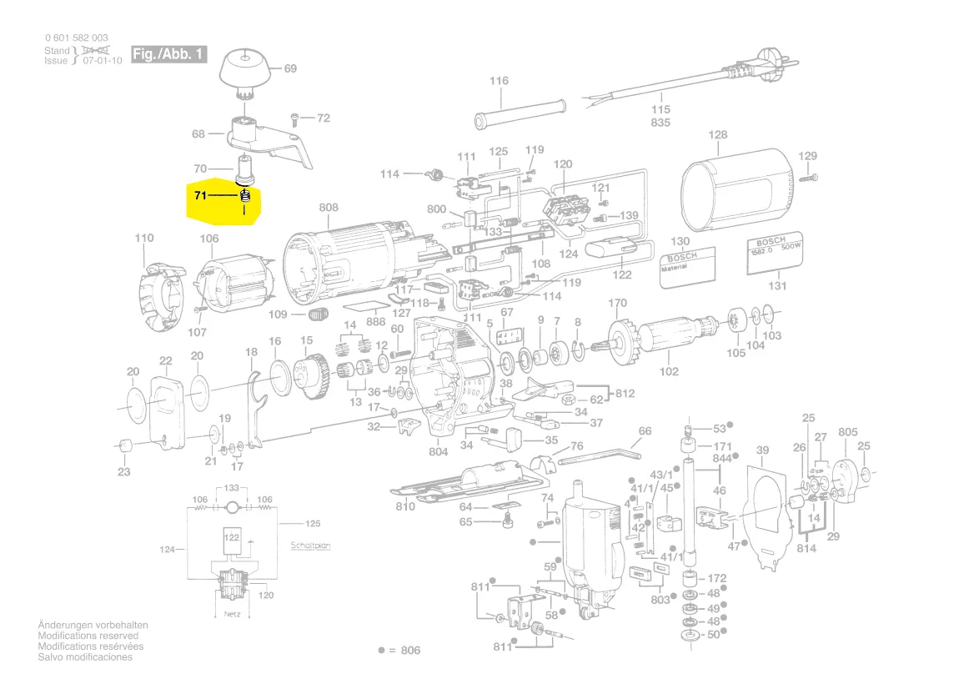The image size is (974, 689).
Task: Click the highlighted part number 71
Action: tap(199, 196)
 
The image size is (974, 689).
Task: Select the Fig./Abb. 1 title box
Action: tap(168, 55)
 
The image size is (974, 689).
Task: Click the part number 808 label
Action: tap(329, 208)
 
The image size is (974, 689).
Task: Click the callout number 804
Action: tap(439, 452)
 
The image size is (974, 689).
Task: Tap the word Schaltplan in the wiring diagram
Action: tap(311, 546)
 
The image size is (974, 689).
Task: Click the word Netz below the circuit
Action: tap(233, 613)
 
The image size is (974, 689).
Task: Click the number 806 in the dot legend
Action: tap(411, 650)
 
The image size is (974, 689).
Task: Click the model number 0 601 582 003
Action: tap(76, 38)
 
